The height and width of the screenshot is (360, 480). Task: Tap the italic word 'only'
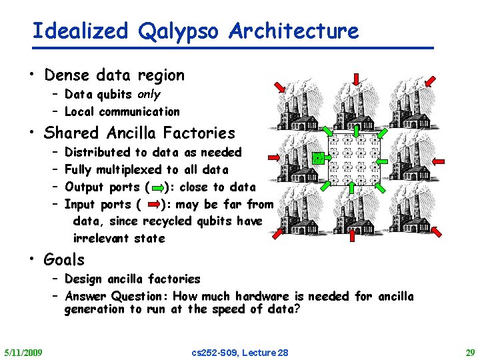149,94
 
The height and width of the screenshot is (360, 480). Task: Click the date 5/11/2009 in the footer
23,352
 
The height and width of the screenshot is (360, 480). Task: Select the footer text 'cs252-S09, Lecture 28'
240,352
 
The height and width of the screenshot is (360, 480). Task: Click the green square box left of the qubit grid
319,159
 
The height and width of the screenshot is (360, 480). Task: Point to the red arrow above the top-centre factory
355,79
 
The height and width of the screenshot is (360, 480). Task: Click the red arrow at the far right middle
439,161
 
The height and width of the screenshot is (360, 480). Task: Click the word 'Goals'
65,259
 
